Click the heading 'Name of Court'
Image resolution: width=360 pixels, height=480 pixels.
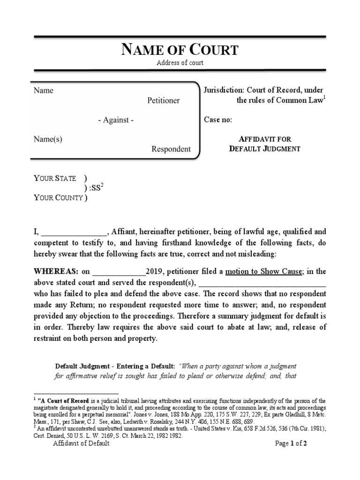click(180, 50)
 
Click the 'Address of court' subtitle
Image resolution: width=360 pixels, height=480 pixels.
click(180, 63)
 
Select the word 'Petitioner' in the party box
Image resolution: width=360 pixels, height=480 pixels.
click(163, 100)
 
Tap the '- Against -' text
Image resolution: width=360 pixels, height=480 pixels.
click(116, 120)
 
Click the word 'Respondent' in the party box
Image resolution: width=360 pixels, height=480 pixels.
click(171, 149)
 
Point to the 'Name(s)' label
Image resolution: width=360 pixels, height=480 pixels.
click(48, 139)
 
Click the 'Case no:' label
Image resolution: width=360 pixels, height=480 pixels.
click(218, 120)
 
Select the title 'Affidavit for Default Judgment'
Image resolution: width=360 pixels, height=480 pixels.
click(264, 144)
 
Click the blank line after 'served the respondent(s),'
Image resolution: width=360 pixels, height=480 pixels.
click(262, 284)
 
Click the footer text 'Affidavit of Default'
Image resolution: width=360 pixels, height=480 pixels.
click(81, 443)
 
